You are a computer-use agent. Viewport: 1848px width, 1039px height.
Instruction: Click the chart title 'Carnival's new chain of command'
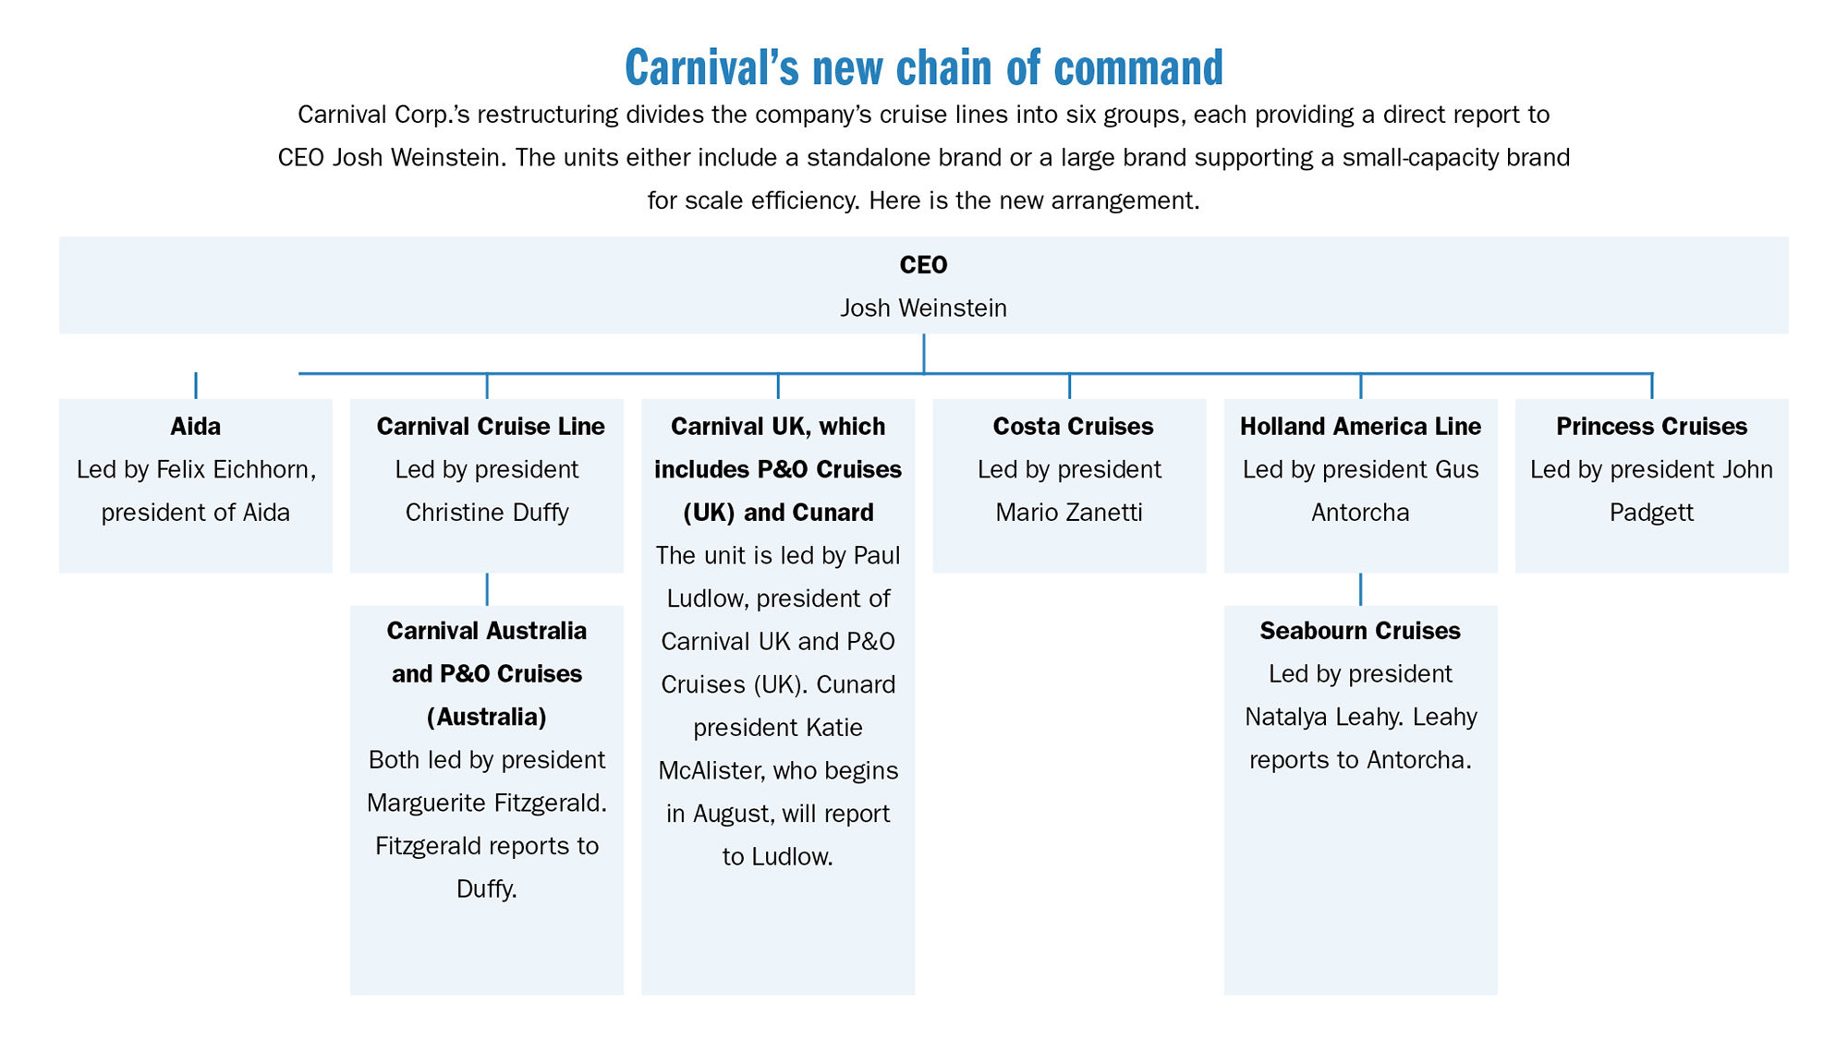924,67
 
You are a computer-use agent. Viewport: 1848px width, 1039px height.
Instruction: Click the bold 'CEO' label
923,265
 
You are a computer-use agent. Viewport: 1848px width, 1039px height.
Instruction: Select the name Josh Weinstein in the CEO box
923,308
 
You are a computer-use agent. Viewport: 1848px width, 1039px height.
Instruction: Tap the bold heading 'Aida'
196,427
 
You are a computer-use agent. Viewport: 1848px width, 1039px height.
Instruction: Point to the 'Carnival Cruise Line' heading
491,427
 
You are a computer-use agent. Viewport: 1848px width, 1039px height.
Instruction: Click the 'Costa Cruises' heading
1073,427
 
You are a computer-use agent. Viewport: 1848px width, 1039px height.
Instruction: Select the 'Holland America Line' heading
1360,427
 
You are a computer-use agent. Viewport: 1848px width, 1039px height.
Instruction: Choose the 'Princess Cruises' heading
1652,427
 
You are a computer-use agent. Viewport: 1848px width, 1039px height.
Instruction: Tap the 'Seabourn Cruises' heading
1360,631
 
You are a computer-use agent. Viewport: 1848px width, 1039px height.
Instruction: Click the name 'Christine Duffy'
487,513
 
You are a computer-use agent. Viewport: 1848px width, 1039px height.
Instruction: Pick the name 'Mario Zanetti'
1069,513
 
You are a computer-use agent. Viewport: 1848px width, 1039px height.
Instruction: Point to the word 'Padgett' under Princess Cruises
1652,513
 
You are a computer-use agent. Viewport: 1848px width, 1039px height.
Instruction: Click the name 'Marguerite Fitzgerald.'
487,803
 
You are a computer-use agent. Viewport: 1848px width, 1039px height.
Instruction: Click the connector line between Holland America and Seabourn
1360,589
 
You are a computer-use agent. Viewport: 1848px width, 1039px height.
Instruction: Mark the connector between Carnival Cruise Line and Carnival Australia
487,589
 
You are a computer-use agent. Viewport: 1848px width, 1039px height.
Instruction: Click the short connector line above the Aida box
196,385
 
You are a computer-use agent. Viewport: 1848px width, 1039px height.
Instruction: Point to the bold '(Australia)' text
487,718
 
